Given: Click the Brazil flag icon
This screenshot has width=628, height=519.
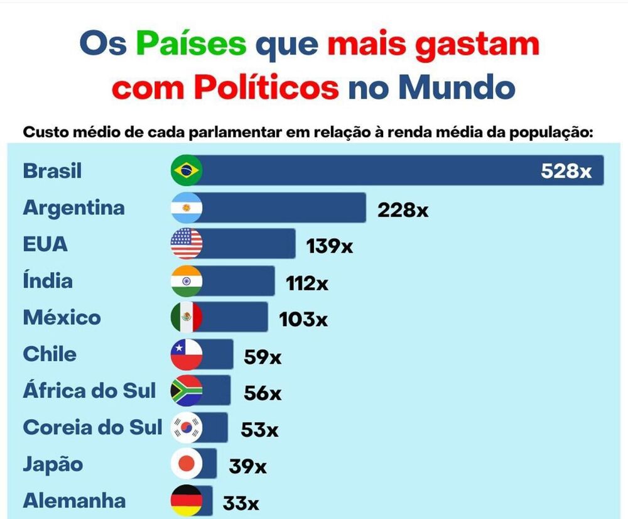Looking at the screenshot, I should [187, 171].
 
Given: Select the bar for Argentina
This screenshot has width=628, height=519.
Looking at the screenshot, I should [283, 208].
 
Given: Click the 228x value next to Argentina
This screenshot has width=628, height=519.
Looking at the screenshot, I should [403, 210].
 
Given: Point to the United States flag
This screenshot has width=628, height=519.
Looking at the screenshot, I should [187, 244].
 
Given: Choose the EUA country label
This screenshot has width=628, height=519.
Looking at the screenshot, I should [45, 244].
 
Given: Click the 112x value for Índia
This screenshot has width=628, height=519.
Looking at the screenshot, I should [306, 283].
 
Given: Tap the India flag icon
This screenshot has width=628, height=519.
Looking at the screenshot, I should [187, 281].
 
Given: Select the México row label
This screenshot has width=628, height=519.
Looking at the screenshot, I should [62, 317].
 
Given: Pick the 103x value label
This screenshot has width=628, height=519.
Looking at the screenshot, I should [303, 319].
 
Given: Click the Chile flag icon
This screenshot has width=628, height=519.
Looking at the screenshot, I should [187, 354].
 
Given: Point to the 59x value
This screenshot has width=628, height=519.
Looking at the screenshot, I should [263, 358].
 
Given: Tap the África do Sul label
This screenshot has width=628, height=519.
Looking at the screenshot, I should [89, 391].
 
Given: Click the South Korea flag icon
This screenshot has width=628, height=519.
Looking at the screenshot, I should [187, 428].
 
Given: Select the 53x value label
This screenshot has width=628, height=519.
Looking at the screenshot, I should [259, 430].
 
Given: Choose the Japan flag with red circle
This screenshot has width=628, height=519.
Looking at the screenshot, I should [187, 464].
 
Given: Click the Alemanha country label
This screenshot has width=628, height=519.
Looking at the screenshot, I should [74, 501].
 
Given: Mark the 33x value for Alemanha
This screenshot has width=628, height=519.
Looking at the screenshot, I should [241, 503].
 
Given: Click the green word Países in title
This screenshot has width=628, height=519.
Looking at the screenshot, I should [191, 45].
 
